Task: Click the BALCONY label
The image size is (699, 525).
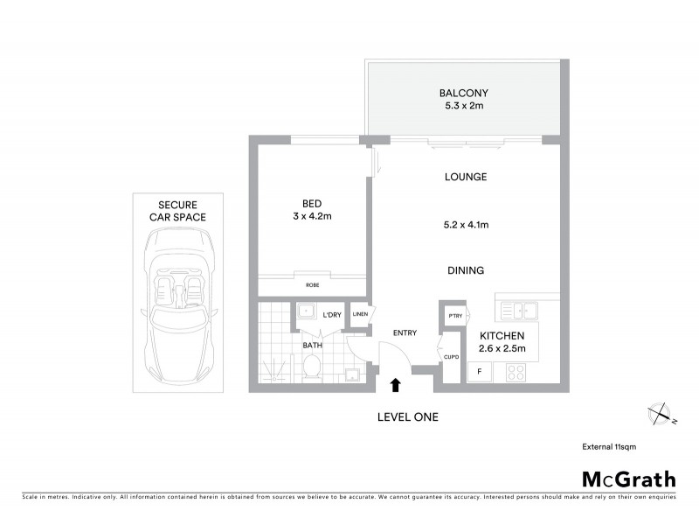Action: click(463, 93)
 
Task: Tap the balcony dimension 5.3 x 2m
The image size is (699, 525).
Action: click(463, 106)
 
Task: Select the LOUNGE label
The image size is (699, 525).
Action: click(465, 177)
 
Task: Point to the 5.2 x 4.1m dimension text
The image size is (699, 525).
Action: click(465, 225)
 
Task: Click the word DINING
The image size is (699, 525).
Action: click(465, 271)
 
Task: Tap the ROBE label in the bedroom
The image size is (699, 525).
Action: click(311, 285)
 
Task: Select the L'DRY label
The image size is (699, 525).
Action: click(332, 315)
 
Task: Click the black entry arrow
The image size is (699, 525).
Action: click(395, 383)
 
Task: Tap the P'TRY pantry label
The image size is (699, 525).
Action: click(454, 315)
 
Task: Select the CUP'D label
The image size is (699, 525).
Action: click(451, 357)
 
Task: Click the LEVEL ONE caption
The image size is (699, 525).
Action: click(407, 417)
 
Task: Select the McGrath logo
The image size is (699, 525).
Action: click(628, 479)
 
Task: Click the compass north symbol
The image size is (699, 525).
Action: click(660, 413)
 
